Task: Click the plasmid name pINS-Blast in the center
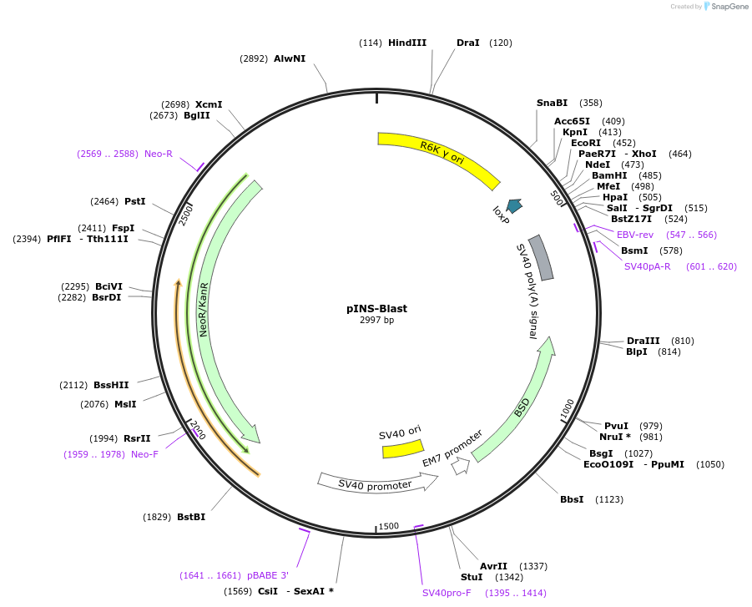(x=376, y=308)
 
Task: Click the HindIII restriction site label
(x=406, y=43)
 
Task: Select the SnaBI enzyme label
(x=552, y=103)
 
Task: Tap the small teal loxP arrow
(x=514, y=205)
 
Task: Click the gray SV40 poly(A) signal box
(x=541, y=257)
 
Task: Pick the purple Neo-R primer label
(x=159, y=154)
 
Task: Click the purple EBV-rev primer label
(x=635, y=235)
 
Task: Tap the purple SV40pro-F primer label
(x=447, y=593)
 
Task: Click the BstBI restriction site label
(x=191, y=517)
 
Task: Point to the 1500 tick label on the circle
(x=389, y=526)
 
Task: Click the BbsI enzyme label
(x=572, y=499)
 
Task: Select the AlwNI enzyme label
(x=290, y=58)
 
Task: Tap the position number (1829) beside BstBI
(x=157, y=517)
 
